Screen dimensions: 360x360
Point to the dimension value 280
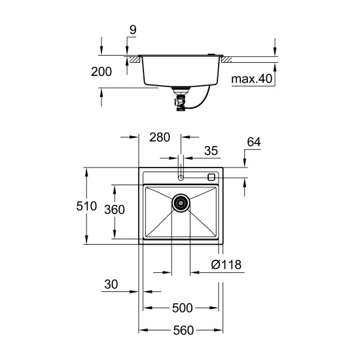[159, 137]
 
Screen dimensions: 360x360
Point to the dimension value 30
[112, 285]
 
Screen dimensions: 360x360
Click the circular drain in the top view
[181, 203]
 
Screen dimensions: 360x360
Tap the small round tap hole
[181, 176]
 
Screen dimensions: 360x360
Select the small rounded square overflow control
[211, 176]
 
